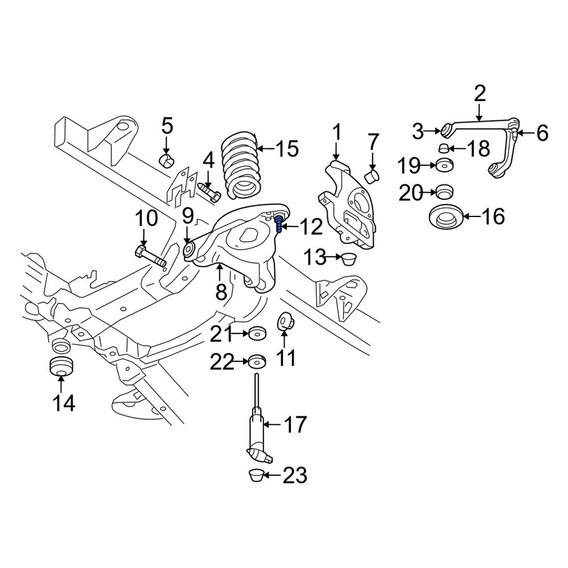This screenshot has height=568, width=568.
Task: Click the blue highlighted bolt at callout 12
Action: (x=279, y=223)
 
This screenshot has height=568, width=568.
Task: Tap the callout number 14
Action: (x=64, y=403)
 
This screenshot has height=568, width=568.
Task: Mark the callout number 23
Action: (x=294, y=475)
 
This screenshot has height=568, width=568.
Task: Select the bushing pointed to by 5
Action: (x=166, y=161)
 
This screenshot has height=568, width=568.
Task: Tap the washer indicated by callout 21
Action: (x=257, y=333)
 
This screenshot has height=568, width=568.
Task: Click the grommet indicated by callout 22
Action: (x=257, y=361)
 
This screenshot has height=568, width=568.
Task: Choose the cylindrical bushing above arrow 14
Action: (x=61, y=366)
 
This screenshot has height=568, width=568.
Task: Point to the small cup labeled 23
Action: (x=256, y=475)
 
